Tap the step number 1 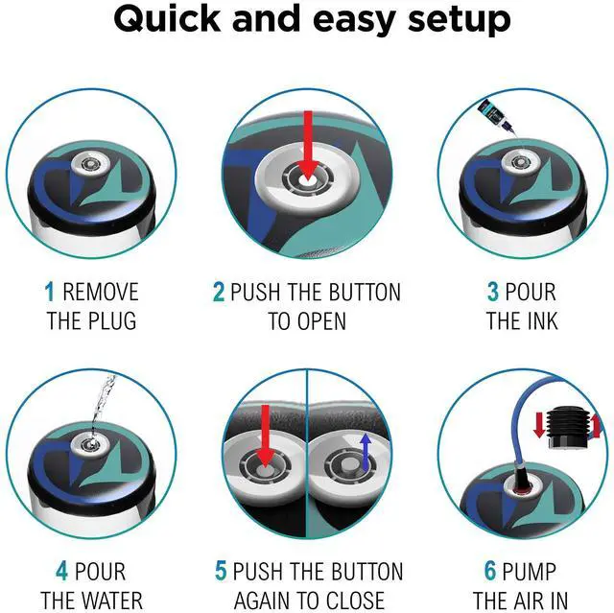49,292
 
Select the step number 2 219,292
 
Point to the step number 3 492,292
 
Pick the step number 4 61,572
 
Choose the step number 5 221,572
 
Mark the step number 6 489,572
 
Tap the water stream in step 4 99,408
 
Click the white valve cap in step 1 89,166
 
